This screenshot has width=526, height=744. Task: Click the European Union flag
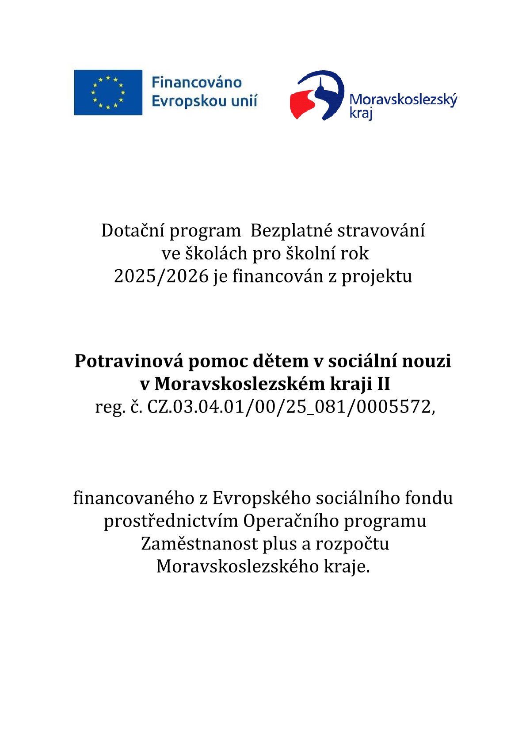(108, 92)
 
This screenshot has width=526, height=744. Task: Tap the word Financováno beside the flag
(197, 83)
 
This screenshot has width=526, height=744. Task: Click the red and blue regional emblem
(316, 95)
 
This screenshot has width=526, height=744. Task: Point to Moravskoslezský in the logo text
(403, 99)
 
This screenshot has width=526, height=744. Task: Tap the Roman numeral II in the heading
(383, 384)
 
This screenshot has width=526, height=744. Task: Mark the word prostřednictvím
(171, 521)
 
